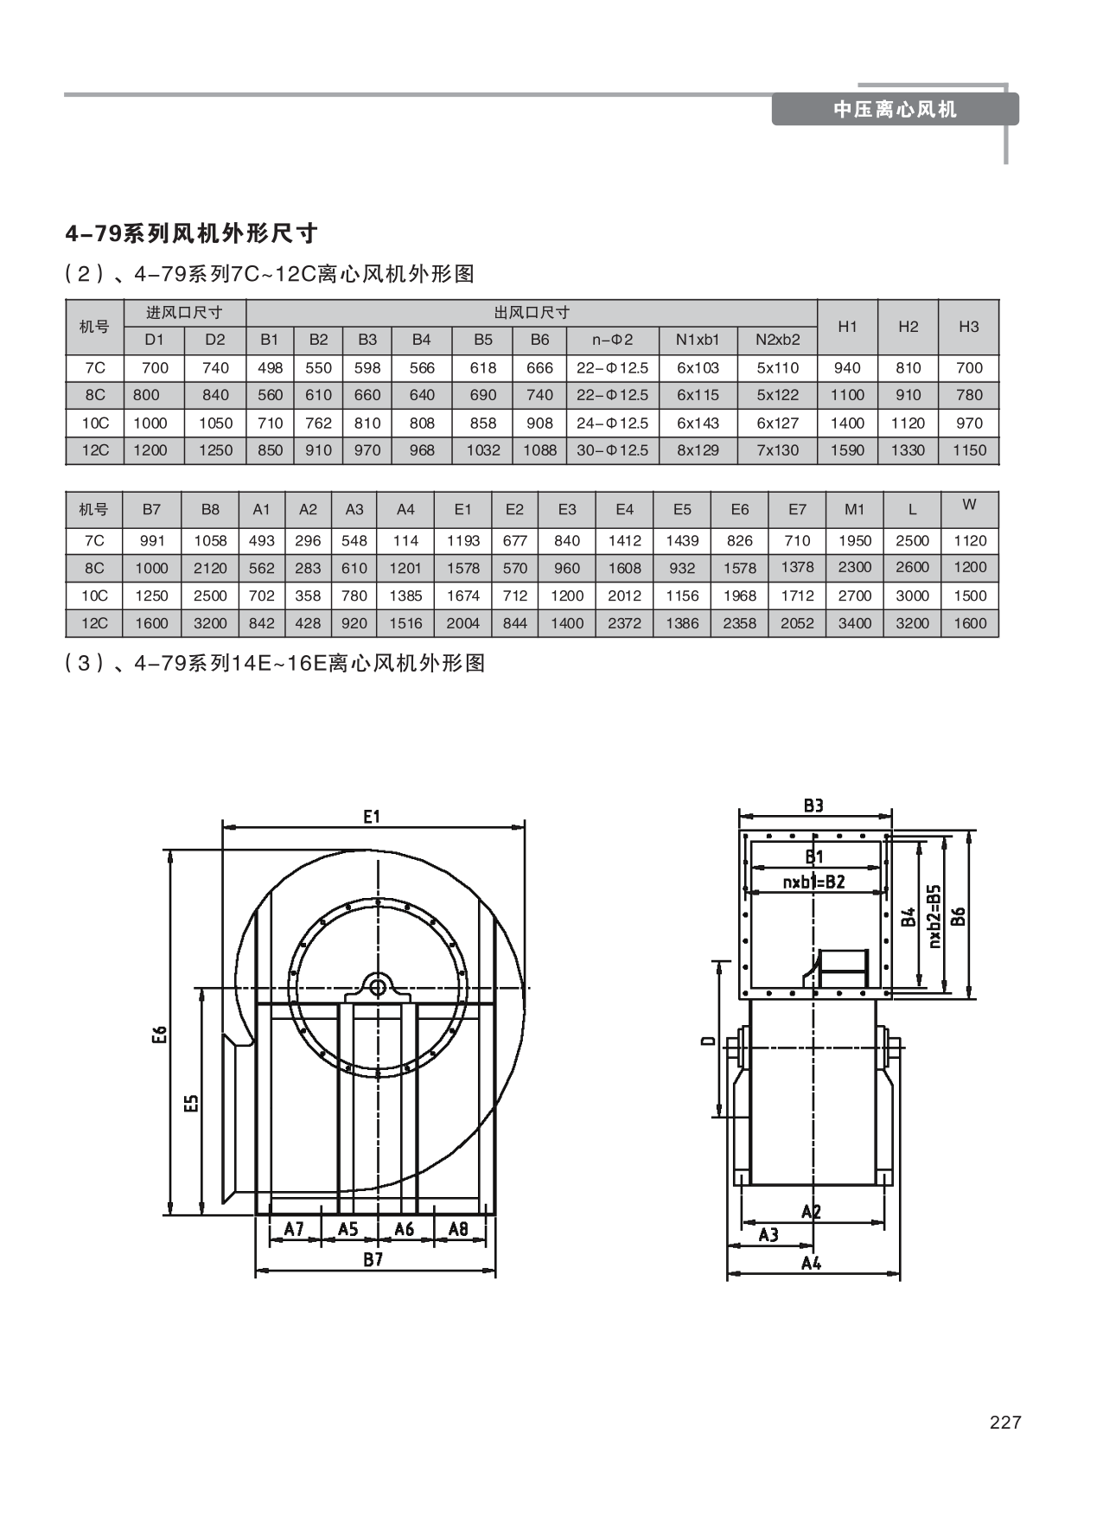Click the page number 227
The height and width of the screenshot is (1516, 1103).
pyautogui.click(x=1004, y=1423)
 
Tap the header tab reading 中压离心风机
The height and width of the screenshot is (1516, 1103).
pyautogui.click(x=895, y=110)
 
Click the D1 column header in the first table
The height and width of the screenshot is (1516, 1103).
pyautogui.click(x=154, y=341)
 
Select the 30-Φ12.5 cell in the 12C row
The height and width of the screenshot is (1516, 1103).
pyautogui.click(x=612, y=450)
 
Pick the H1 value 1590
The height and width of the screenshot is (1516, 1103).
pyautogui.click(x=847, y=450)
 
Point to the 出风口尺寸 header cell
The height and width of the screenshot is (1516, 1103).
pyautogui.click(x=532, y=313)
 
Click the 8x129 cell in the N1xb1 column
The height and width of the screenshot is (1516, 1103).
pyautogui.click(x=698, y=450)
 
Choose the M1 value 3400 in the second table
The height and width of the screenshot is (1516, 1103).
pyautogui.click(x=854, y=623)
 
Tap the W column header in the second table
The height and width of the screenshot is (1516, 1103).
pyautogui.click(x=969, y=505)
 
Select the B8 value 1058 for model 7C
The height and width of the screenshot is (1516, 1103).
pyautogui.click(x=210, y=541)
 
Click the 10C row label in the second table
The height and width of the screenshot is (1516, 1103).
pyautogui.click(x=94, y=596)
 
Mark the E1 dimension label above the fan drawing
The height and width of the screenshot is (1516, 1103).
pyautogui.click(x=373, y=817)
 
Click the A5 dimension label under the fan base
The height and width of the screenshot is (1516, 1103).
pyautogui.click(x=347, y=1228)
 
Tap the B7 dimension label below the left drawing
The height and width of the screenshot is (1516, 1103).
pyautogui.click(x=373, y=1259)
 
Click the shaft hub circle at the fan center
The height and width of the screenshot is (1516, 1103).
pyautogui.click(x=378, y=986)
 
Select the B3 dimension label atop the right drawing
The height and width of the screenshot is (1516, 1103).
pyautogui.click(x=813, y=806)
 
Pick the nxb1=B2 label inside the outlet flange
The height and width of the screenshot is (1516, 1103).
pyautogui.click(x=813, y=882)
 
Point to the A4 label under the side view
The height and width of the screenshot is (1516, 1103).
pyautogui.click(x=811, y=1263)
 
